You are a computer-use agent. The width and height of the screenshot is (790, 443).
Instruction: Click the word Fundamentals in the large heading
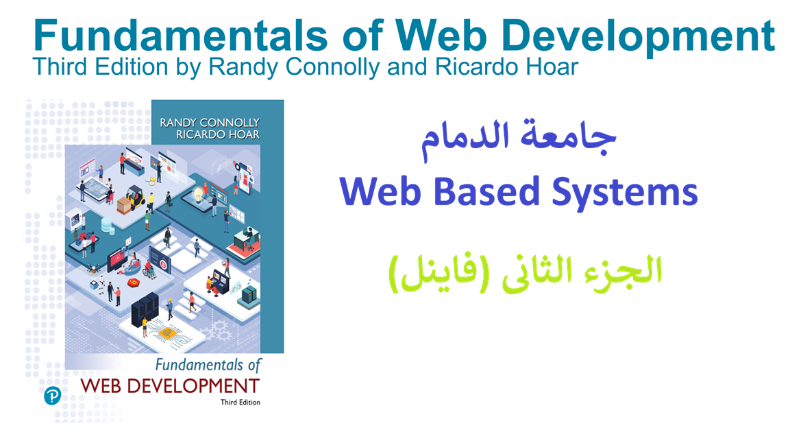pos(181,35)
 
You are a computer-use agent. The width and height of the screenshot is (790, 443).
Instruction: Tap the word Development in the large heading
pos(638,36)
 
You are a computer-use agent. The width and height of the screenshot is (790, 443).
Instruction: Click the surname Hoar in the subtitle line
pos(552,67)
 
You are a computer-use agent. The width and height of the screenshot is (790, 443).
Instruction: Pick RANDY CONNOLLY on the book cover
pos(210,123)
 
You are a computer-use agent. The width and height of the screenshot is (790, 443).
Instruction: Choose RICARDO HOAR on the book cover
pos(218,134)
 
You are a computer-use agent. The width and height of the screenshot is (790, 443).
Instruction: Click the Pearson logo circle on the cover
pos(52,396)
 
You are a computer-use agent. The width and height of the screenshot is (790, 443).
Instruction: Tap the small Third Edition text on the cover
pos(240,402)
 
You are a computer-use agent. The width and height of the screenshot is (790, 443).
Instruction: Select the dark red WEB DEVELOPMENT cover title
pos(170,386)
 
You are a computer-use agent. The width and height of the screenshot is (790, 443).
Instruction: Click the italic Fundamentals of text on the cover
pos(208,365)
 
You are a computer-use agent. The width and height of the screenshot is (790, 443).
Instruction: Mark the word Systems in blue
pos(625,193)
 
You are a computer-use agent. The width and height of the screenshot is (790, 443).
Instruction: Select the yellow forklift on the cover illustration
pos(136,197)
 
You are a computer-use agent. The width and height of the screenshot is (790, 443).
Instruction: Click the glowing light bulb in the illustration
pos(199,193)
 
